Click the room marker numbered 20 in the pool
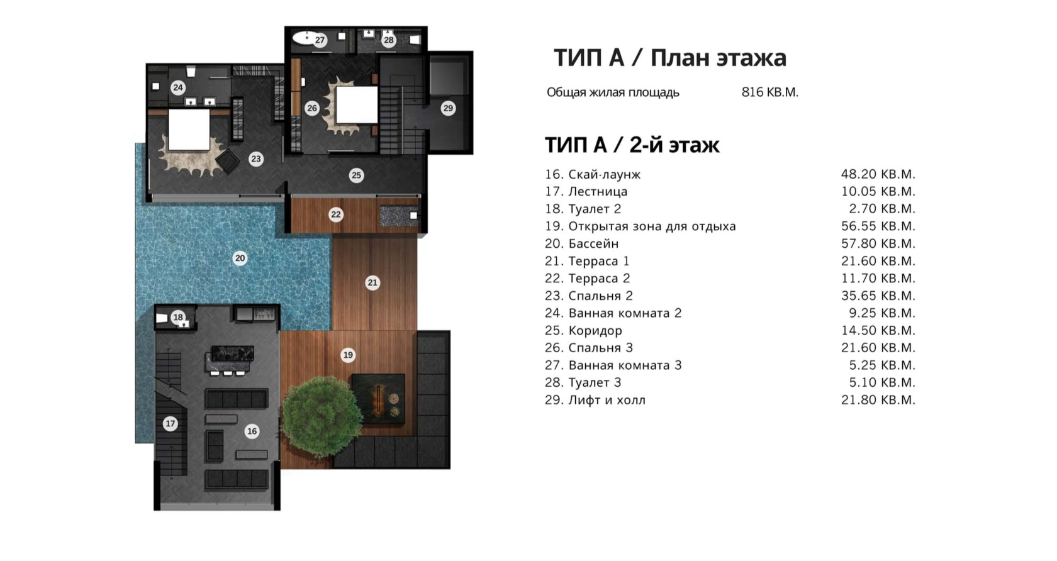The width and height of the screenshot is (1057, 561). tap(240, 258)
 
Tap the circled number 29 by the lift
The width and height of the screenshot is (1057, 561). tap(448, 108)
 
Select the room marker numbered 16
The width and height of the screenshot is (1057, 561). tap(252, 431)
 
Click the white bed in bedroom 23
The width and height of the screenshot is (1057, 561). tap(189, 130)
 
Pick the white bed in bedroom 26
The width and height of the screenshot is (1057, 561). tap(357, 105)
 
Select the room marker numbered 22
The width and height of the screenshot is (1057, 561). tap(335, 214)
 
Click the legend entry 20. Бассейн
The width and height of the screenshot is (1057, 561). tap(581, 243)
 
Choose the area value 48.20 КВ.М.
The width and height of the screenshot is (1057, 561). tap(878, 174)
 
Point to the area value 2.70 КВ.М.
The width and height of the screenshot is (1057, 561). tap(882, 209)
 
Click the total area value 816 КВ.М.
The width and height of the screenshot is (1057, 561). tap(769, 92)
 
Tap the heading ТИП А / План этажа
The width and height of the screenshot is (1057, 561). tap(670, 58)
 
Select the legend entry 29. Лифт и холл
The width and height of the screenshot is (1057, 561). tap(595, 399)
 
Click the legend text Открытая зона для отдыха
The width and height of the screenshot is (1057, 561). tap(652, 226)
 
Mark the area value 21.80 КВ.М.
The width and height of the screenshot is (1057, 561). tap(878, 399)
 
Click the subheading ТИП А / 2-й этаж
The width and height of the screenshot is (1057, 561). tap(632, 145)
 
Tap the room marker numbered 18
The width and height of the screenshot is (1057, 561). tap(178, 317)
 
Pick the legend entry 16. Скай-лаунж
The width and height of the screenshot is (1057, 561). tap(593, 174)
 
